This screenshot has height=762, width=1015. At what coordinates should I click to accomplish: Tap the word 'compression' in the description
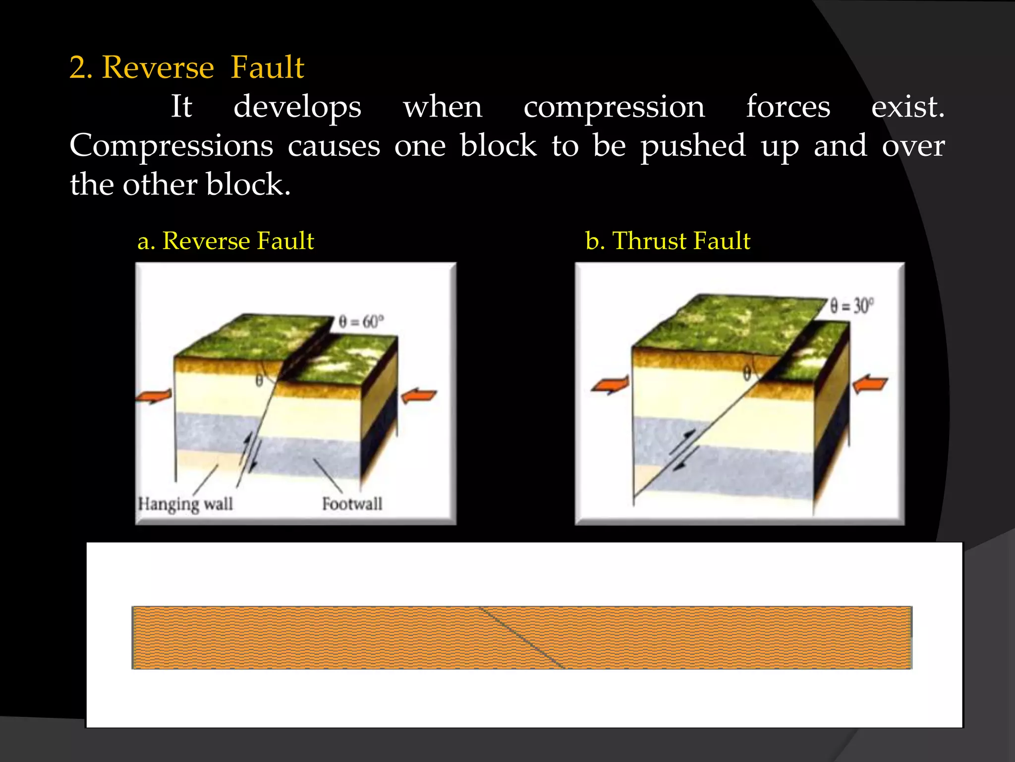(x=614, y=107)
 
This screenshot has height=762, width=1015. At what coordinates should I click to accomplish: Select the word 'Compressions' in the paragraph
(x=171, y=146)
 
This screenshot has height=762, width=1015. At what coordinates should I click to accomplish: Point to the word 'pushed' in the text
(x=693, y=146)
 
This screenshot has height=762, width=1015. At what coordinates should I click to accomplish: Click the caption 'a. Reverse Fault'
(x=226, y=241)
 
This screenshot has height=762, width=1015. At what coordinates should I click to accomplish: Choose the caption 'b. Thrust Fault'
(x=668, y=241)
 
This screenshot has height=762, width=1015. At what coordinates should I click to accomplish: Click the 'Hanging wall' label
(x=185, y=504)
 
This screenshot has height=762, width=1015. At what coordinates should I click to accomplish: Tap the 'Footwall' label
(x=352, y=504)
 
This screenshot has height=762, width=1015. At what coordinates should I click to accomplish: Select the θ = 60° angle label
(x=361, y=322)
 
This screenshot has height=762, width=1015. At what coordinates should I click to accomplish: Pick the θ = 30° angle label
(x=852, y=306)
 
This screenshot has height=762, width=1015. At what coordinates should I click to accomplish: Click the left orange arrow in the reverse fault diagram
(x=154, y=396)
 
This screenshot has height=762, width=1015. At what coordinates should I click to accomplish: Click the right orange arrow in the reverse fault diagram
(x=419, y=396)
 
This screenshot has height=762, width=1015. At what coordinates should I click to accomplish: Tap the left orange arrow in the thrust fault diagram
(x=611, y=384)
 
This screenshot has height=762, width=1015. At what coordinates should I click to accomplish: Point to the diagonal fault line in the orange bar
(x=522, y=637)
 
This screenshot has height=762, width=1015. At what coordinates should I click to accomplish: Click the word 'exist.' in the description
(x=907, y=107)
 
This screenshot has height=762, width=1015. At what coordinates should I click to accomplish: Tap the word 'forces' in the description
(x=788, y=107)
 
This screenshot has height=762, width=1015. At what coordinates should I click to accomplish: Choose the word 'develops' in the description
(x=297, y=107)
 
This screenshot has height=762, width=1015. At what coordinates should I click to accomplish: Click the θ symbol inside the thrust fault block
(x=747, y=373)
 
